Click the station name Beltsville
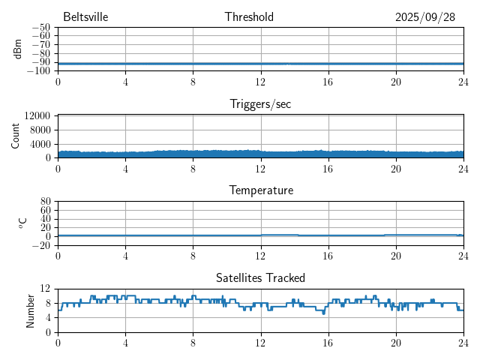coord(86,17)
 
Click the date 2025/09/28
coord(425,17)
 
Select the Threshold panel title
coord(249,17)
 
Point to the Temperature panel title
coord(261,190)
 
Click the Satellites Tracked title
coord(260,278)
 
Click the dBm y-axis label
coord(18,49)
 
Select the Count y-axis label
coord(16,136)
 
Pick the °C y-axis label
coord(22,223)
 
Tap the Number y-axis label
coord(30,310)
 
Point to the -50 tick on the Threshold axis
coord(40,28)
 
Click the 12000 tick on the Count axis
coord(37,116)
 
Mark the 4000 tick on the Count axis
coord(40,144)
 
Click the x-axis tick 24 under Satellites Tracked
coord(463,343)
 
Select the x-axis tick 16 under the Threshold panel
coord(328,81)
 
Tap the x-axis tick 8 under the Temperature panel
coord(193,256)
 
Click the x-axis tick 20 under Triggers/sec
coord(395,168)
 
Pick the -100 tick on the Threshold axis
coord(38,71)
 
